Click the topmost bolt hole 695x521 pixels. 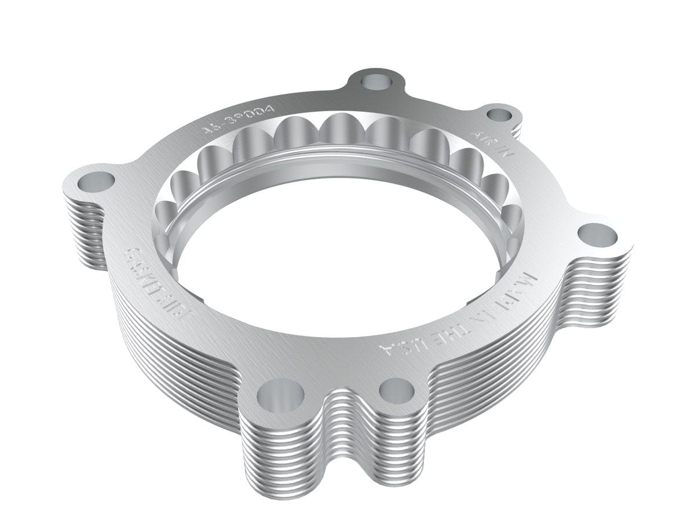(371, 80)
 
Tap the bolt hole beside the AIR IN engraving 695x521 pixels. (498, 115)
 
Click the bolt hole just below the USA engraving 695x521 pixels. (397, 390)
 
